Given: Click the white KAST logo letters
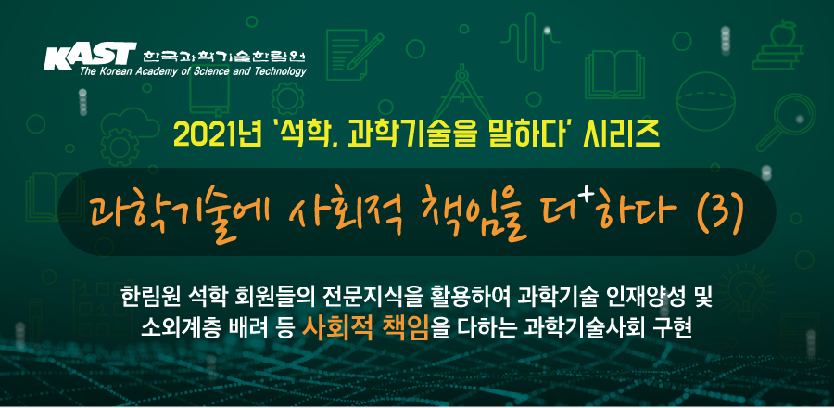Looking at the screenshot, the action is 90,56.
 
